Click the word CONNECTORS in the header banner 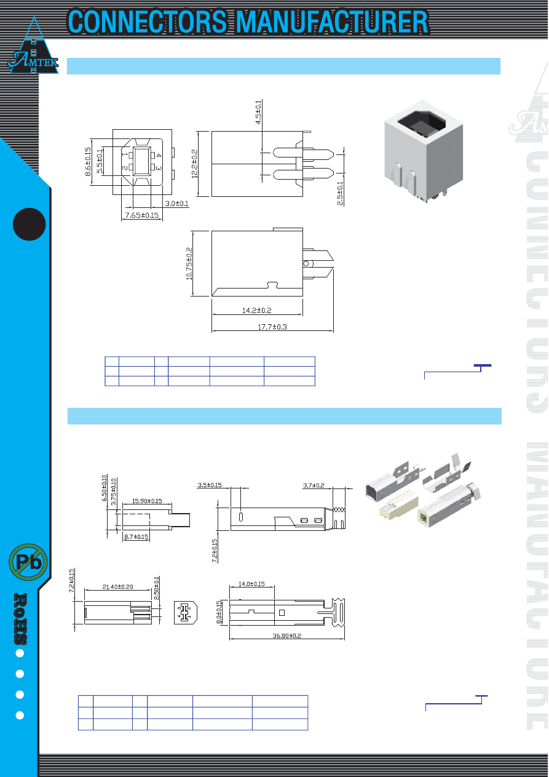point(148,22)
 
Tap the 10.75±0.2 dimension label point(189,263)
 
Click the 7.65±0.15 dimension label point(142,215)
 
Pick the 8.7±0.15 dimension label point(136,536)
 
